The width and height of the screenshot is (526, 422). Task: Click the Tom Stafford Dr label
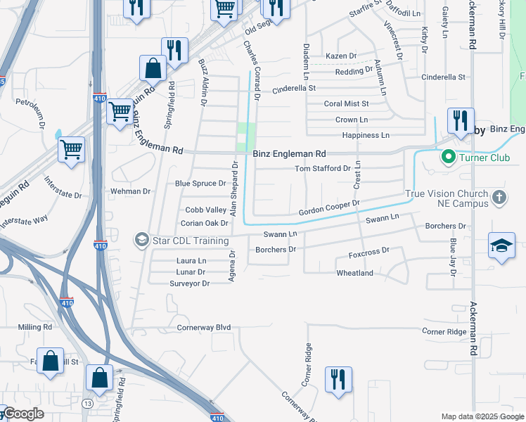tap(323, 169)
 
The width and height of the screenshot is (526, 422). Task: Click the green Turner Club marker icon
tap(447, 158)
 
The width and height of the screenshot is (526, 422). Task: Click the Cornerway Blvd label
tap(204, 328)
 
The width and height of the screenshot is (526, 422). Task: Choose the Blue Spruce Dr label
tap(200, 184)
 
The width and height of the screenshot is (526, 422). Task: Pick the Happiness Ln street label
tap(366, 135)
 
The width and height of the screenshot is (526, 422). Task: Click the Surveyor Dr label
tap(190, 283)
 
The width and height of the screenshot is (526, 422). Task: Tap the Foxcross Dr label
tap(369, 251)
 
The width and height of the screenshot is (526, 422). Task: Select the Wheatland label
tap(354, 273)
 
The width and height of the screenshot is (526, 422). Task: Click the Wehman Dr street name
tap(131, 191)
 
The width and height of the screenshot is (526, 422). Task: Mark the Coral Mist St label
tap(346, 104)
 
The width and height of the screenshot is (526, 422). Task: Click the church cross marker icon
tap(499, 197)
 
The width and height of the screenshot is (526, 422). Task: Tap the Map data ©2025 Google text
tap(482, 416)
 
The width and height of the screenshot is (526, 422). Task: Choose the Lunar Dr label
tap(191, 272)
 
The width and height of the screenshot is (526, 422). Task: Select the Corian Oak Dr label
tap(205, 224)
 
